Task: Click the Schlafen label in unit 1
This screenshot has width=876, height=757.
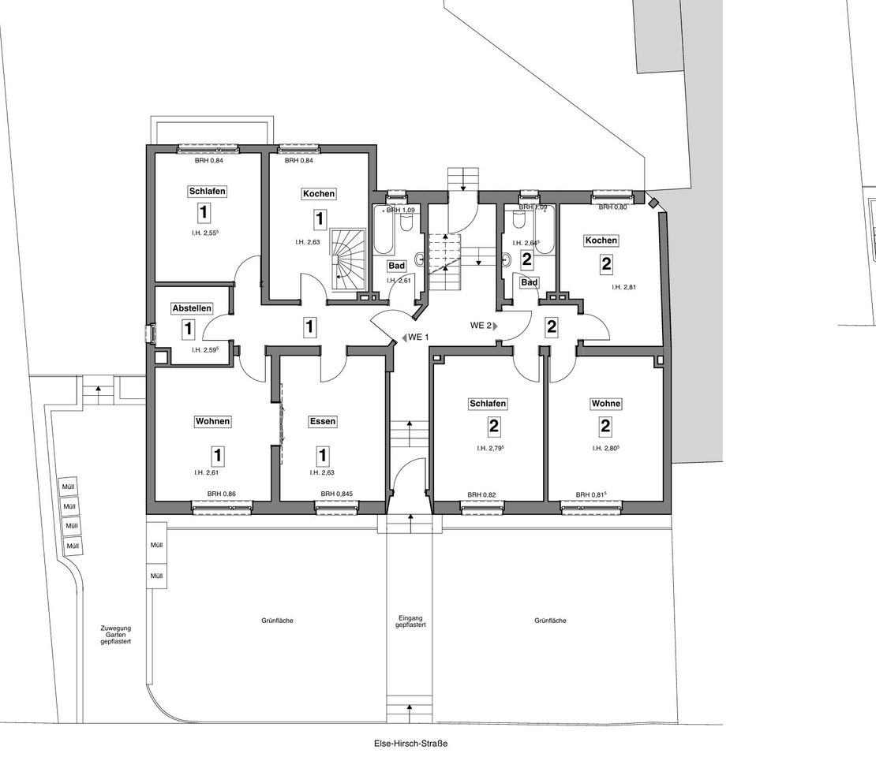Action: [208, 192]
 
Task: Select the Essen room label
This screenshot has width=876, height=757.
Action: [322, 422]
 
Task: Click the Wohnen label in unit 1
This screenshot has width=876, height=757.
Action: [213, 422]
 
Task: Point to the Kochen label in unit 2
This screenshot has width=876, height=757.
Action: [601, 241]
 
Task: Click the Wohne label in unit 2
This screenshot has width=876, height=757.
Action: [606, 404]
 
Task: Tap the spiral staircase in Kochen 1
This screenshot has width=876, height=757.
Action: [347, 255]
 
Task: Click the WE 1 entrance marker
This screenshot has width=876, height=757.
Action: [415, 337]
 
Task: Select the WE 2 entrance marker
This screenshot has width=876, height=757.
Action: [483, 325]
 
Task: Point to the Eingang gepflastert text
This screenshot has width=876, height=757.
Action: [411, 621]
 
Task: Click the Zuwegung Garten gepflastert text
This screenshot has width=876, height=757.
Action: [115, 635]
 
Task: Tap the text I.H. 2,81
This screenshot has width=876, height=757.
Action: [623, 288]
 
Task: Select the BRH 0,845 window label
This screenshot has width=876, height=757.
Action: [337, 494]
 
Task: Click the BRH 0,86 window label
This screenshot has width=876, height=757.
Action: [221, 494]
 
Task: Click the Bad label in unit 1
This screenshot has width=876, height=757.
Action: [395, 266]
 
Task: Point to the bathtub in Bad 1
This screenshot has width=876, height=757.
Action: [384, 229]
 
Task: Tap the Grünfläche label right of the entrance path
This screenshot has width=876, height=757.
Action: [550, 621]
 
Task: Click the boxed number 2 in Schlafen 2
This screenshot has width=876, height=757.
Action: [493, 427]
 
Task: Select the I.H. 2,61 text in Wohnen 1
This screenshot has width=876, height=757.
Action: [205, 473]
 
